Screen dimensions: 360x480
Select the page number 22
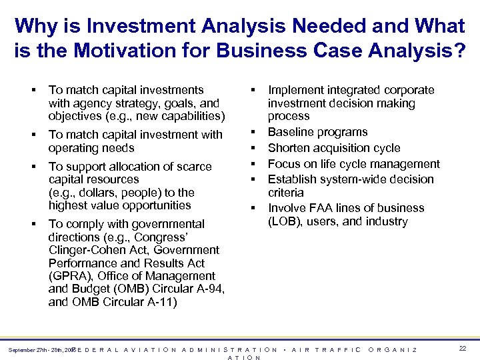coord(463,348)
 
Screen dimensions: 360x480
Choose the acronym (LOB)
coord(284,221)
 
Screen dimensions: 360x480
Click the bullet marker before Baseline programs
coord(254,133)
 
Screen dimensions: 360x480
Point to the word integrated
coord(343,90)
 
